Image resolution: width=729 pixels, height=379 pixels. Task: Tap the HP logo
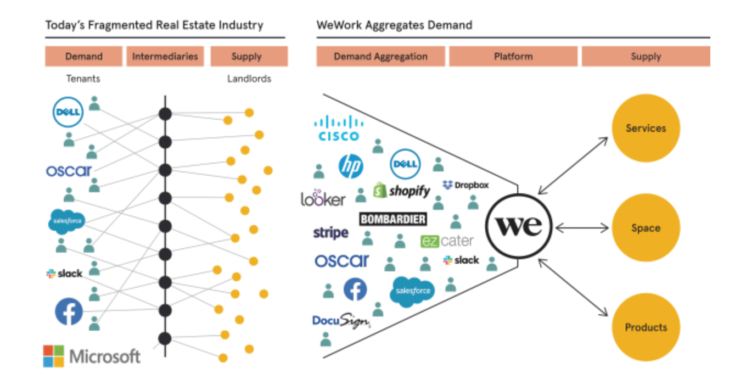point(351,165)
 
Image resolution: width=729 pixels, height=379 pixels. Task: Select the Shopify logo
point(402,191)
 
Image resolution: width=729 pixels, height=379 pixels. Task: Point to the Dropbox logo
point(466,185)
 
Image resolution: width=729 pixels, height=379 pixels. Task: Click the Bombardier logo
point(392,219)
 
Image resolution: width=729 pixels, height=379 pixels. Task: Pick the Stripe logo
point(330,233)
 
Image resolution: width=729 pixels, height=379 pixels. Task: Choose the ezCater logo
point(447,241)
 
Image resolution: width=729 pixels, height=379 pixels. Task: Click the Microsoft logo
point(92,356)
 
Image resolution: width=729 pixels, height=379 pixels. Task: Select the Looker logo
point(323,198)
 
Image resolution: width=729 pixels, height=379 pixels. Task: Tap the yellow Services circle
point(646,129)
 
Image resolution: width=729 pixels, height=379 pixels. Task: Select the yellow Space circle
point(646,228)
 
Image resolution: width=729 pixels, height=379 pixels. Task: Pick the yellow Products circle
point(646,327)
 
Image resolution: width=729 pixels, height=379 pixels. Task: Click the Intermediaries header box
point(165,57)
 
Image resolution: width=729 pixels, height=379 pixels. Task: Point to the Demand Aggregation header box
point(380,57)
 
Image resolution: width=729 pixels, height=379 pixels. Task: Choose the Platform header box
point(513,57)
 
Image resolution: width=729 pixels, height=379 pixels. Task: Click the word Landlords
point(249,79)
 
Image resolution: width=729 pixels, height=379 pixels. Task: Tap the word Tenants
point(83,79)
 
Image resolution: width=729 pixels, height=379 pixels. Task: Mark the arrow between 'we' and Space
point(582,227)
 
